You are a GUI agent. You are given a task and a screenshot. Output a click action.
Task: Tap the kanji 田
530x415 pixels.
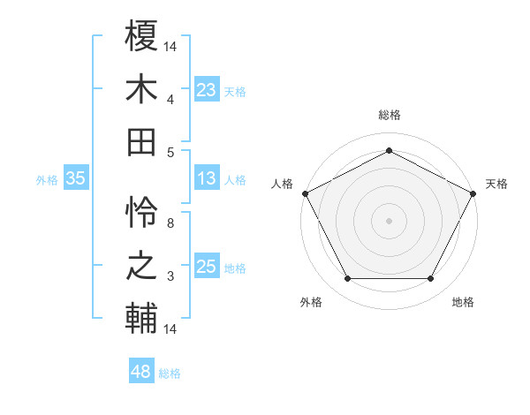click(x=141, y=141)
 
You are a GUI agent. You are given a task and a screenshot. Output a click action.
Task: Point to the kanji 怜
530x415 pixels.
click(x=141, y=213)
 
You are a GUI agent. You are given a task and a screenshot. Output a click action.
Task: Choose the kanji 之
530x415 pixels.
click(x=141, y=266)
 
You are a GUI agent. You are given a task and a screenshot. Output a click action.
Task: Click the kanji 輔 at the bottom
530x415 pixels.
click(x=141, y=319)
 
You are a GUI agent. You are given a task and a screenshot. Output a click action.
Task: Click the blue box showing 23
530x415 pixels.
click(x=207, y=89)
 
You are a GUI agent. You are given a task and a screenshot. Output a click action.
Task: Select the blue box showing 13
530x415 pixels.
click(x=207, y=179)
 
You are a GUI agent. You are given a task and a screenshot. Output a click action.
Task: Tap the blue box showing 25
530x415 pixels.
click(x=207, y=268)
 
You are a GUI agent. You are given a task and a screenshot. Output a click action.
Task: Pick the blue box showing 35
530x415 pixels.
click(x=75, y=179)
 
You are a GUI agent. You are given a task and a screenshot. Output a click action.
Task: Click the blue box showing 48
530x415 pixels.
click(x=140, y=372)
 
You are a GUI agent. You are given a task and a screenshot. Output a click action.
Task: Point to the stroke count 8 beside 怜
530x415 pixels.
click(x=170, y=224)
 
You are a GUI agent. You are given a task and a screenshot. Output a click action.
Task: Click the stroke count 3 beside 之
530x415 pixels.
click(x=170, y=277)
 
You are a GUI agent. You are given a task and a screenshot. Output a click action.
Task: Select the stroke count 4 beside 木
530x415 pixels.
click(x=170, y=100)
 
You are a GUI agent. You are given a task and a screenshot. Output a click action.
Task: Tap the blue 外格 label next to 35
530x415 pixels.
click(x=47, y=180)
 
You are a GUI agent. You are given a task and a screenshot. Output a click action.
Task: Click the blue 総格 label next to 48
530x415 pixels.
click(x=170, y=373)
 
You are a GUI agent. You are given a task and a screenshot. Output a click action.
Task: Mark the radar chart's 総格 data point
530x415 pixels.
click(x=389, y=150)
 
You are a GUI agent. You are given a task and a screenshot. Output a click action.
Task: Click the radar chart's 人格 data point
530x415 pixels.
click(x=305, y=192)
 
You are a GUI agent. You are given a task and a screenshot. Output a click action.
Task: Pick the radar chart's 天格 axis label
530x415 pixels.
click(x=496, y=184)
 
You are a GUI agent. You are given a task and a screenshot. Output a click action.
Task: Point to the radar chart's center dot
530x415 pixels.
click(x=389, y=220)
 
